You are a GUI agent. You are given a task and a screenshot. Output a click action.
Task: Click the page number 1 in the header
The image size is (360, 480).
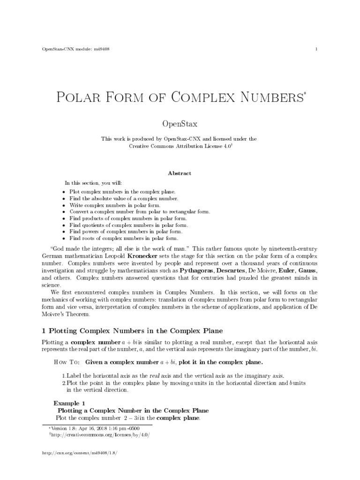coord(317,49)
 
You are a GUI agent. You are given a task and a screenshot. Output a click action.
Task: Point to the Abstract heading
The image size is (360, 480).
coord(180,173)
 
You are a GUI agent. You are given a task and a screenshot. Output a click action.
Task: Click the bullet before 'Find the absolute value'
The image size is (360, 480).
coord(64,199)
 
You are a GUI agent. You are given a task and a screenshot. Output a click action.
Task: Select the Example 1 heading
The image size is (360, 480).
coord(69,402)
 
